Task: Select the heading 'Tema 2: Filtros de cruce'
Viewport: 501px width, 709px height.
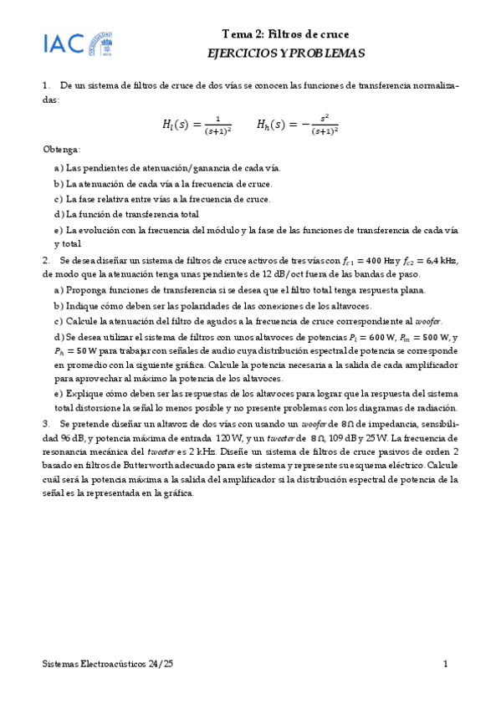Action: tap(285, 34)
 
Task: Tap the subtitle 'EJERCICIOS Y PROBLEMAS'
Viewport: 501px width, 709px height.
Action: tap(286, 53)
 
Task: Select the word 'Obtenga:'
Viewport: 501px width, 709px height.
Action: tap(61, 150)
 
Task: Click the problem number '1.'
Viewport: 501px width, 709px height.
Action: tap(47, 85)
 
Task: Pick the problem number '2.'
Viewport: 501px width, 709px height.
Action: tap(47, 260)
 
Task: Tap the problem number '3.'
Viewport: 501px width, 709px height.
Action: tap(47, 424)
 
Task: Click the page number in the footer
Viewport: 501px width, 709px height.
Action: tap(447, 664)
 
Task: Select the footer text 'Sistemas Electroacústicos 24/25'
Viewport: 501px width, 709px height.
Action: tap(109, 664)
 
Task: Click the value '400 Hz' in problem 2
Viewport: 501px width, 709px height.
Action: tap(381, 260)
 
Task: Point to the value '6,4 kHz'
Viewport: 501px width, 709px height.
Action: tap(437, 260)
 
